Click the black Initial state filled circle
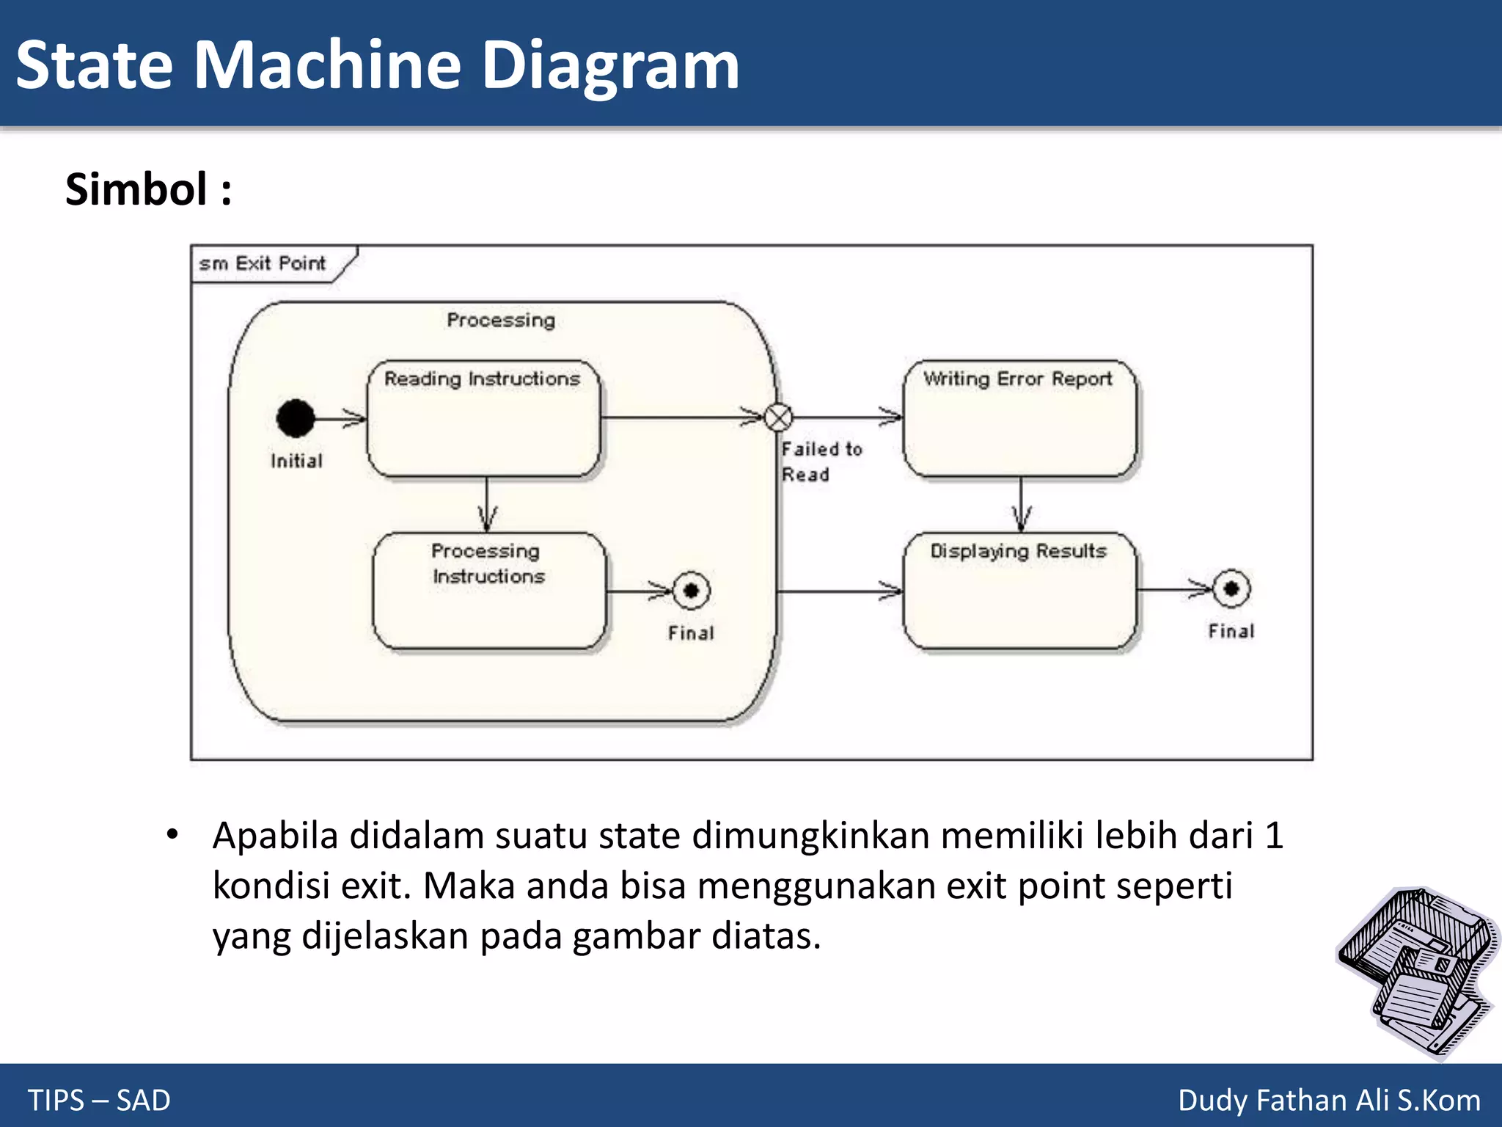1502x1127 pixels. tap(296, 418)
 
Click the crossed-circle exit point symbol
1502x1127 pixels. tap(778, 417)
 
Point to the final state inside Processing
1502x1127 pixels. tap(691, 590)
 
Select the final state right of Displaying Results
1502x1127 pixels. tap(1231, 588)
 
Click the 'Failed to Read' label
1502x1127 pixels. tap(820, 462)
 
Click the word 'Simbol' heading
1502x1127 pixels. tap(136, 189)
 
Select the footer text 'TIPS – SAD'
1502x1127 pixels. tap(99, 1100)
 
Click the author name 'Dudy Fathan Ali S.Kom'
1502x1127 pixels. tap(1329, 1100)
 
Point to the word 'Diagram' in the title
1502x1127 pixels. tap(610, 66)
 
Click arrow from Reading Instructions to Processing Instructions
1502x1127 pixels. tap(487, 506)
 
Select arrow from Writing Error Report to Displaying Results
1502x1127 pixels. tap(1021, 506)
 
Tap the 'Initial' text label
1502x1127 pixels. tap(296, 461)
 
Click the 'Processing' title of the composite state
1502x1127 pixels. tap(501, 321)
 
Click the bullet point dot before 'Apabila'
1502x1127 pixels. tap(172, 834)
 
